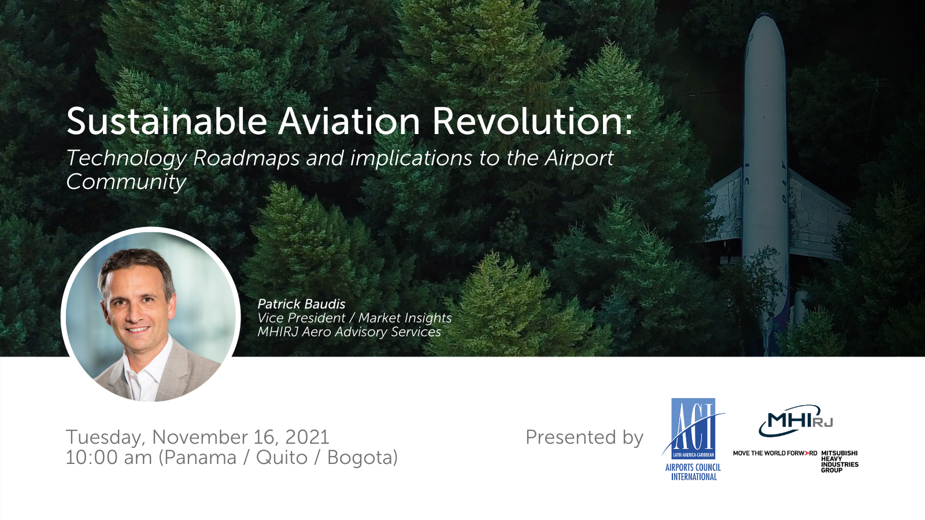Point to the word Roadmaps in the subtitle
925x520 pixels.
coord(246,158)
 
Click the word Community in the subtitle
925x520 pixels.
coord(126,182)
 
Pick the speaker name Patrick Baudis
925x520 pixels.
coord(301,304)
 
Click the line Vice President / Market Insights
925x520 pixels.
coord(355,318)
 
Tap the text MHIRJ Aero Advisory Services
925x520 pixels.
coord(349,332)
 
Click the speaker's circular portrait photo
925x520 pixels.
coord(151,316)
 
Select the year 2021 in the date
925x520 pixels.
coord(307,437)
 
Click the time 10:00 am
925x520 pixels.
coord(109,458)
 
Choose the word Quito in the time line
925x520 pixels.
coord(282,458)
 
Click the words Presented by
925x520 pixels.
coord(584,437)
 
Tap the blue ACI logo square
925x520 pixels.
coord(693,429)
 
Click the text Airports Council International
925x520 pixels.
coord(693,472)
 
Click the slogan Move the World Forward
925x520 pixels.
coord(775,453)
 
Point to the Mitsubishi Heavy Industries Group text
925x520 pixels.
coord(839,462)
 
